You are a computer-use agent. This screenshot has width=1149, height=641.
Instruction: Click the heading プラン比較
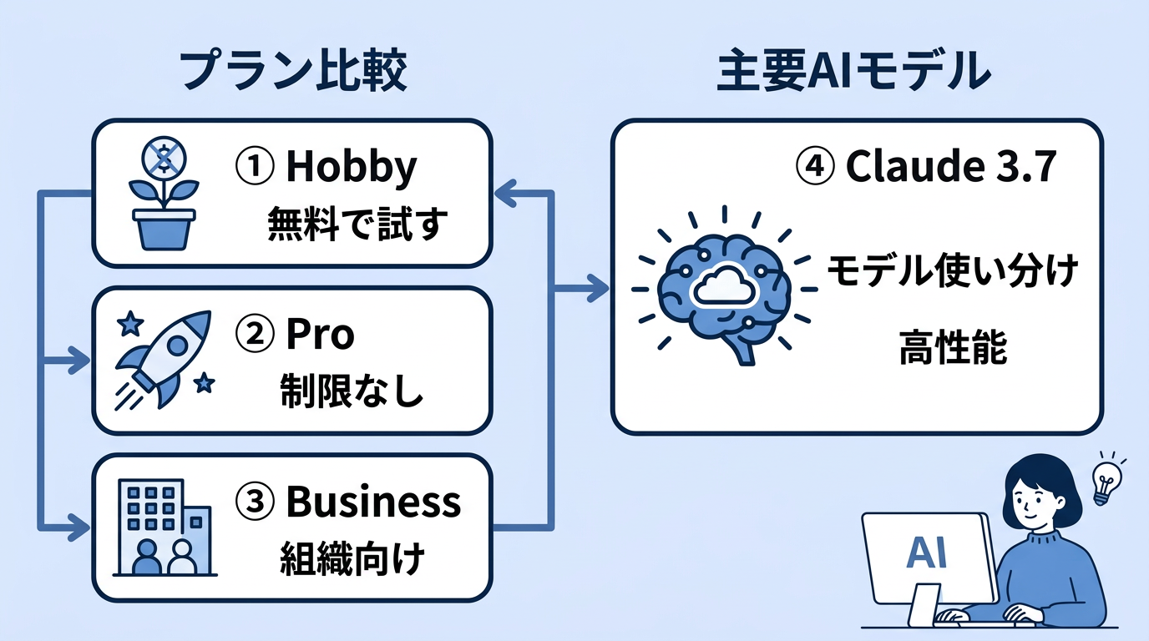[x=293, y=73]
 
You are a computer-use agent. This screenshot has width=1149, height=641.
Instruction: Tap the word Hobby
[x=351, y=168]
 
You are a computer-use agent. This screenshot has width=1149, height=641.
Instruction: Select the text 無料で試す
[x=357, y=225]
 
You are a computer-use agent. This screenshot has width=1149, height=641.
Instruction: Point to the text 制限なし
[x=351, y=391]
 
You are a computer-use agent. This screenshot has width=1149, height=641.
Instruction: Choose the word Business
[x=372, y=502]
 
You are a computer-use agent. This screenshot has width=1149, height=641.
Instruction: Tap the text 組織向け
[x=351, y=558]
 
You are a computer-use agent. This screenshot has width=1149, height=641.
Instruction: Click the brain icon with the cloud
[x=722, y=288]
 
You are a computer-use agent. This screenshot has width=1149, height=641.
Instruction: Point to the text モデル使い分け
[x=952, y=271]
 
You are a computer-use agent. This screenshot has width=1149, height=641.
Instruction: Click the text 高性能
[x=952, y=348]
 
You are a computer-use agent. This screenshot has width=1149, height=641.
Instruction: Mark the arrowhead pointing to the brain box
[x=599, y=290]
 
